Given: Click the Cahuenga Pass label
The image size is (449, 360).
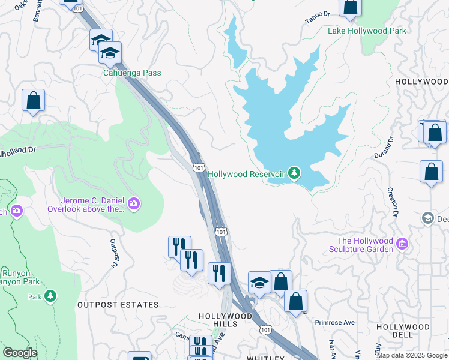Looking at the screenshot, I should pos(132,73).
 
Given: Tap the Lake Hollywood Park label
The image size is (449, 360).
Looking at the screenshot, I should pos(367,31).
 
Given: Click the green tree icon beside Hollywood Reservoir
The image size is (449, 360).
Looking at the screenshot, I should pos(294,173).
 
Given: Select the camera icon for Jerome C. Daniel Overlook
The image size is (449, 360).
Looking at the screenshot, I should pos(133,205).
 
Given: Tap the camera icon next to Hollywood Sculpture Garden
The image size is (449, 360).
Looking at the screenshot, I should pos(402,245).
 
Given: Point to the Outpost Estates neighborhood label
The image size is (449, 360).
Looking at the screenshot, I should pos(118,305).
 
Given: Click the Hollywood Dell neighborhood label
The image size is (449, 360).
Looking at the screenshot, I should pos(403,327).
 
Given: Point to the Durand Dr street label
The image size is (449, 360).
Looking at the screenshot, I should pos(390,147).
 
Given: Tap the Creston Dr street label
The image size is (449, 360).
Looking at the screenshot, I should pos(395,201).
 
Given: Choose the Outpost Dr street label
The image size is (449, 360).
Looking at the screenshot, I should pos(113,253).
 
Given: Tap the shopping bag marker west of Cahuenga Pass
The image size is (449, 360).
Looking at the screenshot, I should pos(34,100).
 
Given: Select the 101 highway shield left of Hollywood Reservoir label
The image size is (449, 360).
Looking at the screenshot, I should pos(198,167).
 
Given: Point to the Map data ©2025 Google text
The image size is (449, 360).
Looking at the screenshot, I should pos(412,355).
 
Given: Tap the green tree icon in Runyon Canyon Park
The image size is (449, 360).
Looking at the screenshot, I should pos(51,296).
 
